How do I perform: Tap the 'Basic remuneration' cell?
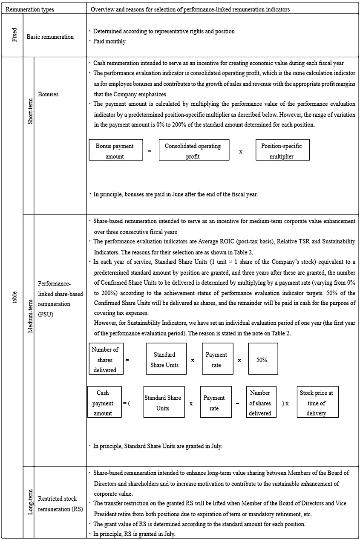coord(50,37)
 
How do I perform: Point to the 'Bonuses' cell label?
coord(48,94)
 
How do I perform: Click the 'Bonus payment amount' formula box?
coord(115,151)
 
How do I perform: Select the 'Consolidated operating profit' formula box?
coord(193,151)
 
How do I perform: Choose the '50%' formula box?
coord(262,360)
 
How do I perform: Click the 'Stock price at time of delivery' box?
coord(317,403)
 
